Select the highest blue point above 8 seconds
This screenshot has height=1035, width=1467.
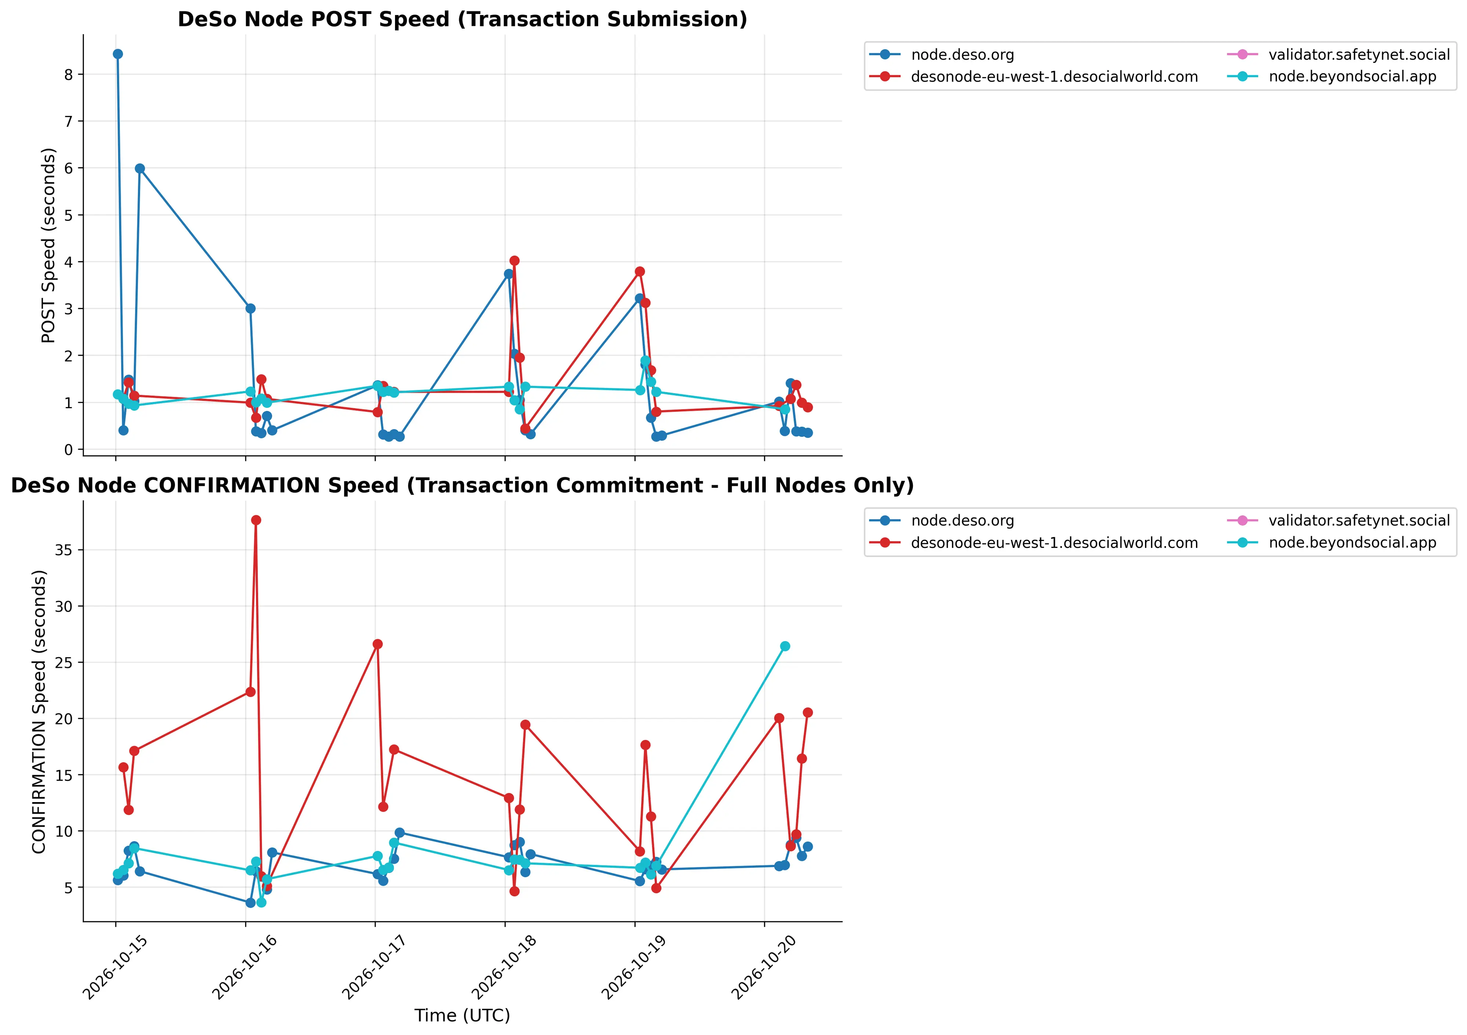(118, 54)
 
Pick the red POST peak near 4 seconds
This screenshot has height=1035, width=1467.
(514, 261)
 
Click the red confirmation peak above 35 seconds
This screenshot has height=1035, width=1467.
(256, 520)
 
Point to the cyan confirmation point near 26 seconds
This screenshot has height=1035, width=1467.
(785, 646)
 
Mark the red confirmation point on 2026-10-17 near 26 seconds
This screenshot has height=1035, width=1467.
(378, 644)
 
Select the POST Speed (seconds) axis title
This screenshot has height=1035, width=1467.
(48, 245)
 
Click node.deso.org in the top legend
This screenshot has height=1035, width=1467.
(963, 55)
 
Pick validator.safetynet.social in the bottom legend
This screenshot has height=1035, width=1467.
(1359, 521)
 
